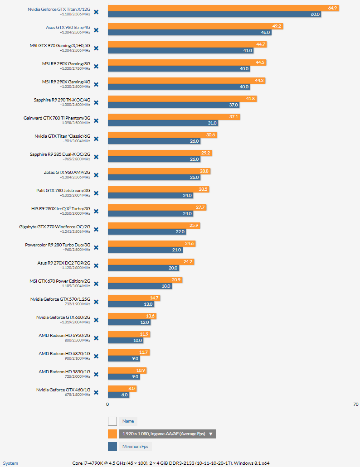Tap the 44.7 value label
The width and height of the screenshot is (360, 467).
261,44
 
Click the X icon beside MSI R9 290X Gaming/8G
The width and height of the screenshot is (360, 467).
96,66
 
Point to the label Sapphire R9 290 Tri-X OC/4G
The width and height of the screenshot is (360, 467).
62,100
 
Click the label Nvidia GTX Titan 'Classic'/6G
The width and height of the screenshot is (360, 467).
63,136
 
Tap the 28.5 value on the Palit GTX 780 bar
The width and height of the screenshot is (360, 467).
204,189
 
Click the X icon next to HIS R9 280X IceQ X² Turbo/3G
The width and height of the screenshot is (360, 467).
96,211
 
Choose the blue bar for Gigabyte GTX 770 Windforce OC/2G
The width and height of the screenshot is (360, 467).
146,231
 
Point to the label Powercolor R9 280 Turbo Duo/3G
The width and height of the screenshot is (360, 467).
58,245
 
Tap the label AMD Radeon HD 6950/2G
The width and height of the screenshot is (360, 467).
64,335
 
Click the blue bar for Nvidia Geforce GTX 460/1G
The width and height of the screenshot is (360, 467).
118,395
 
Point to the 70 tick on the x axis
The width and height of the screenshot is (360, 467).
355,404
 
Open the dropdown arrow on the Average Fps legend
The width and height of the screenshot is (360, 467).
210,434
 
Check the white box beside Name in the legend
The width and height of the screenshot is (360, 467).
112,421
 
